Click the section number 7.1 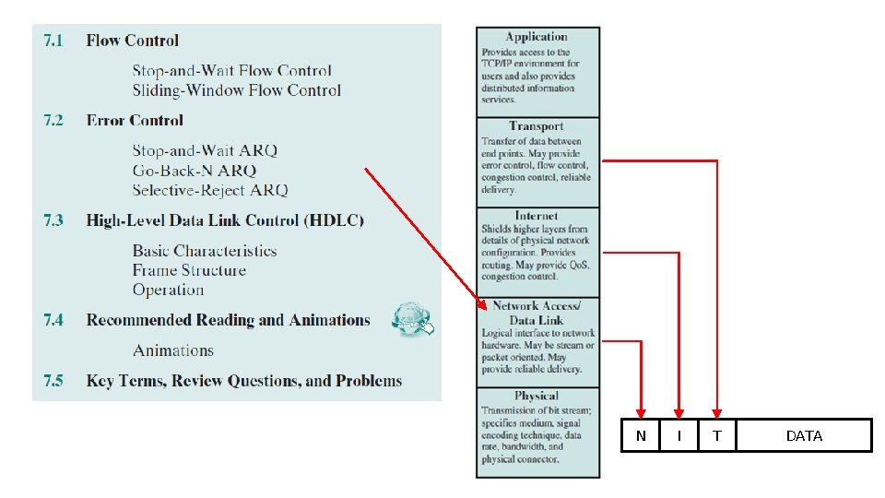[x=53, y=41]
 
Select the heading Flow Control [x=132, y=41]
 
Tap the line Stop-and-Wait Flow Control [x=231, y=71]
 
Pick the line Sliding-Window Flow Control [x=236, y=90]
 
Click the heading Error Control [x=135, y=121]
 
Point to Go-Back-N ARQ [x=194, y=171]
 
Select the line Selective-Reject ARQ [x=209, y=190]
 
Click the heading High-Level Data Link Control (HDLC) [x=225, y=220]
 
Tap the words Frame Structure [x=189, y=270]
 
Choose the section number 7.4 [x=53, y=320]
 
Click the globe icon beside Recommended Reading [x=411, y=319]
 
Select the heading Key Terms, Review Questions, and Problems [x=243, y=381]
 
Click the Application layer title [x=537, y=37]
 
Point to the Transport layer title [x=536, y=125]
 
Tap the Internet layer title [x=537, y=216]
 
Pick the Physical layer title [x=537, y=396]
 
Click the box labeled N [x=641, y=435]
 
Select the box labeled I [x=679, y=435]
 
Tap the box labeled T [x=717, y=435]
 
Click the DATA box [x=804, y=435]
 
